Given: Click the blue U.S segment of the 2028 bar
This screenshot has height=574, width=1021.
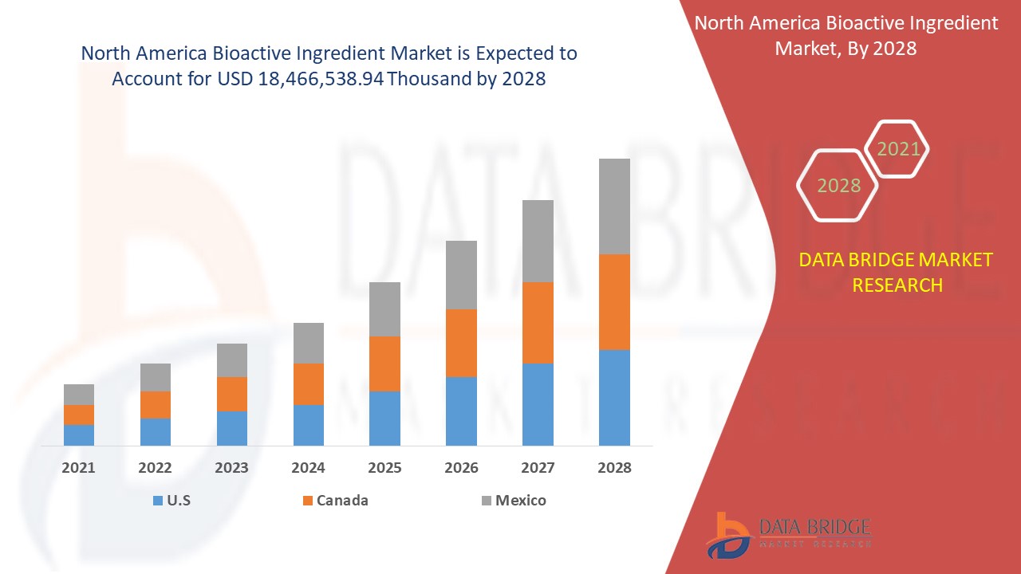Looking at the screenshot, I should point(614,397).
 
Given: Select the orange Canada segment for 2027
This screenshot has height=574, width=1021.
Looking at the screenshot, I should point(538,323).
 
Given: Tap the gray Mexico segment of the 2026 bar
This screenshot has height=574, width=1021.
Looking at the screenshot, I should point(461,275).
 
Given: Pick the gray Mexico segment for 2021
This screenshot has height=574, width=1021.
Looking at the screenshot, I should point(79,395).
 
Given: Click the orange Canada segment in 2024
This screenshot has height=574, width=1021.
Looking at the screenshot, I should point(309,384).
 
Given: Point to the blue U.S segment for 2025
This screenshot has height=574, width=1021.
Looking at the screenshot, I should point(384,418).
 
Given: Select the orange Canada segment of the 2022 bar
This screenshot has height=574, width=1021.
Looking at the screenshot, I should point(156,405).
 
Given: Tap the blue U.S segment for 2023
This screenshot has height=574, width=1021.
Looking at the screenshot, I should point(232,428).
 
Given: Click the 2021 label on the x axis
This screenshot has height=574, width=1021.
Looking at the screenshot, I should point(78,468).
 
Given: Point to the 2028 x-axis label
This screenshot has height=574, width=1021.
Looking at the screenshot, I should point(614,468).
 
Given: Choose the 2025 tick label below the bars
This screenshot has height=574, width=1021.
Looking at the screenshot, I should point(384,468).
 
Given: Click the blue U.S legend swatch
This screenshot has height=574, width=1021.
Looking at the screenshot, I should point(157,501).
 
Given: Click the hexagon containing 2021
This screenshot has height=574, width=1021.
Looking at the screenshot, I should point(898,149).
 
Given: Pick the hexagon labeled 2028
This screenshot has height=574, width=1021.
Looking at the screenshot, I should point(838,186).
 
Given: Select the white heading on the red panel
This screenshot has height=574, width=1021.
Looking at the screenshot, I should point(846,36).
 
